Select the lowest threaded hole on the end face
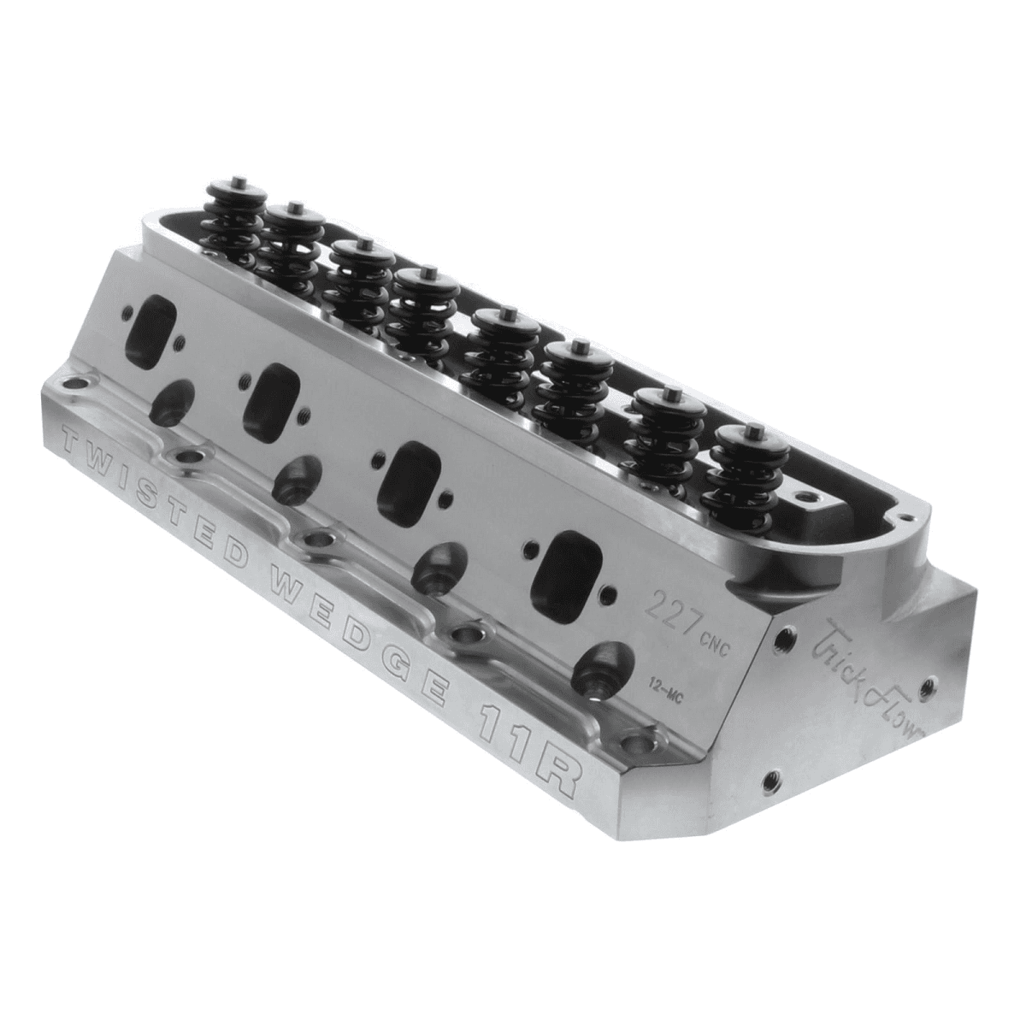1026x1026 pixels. click(x=772, y=780)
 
